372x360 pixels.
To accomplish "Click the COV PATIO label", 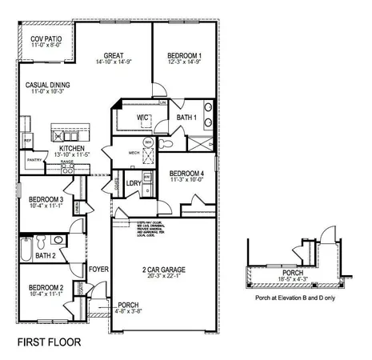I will pyautogui.click(x=45, y=38).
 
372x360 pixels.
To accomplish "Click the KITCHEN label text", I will pyautogui.click(x=71, y=150).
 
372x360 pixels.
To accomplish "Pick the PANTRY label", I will pyautogui.click(x=34, y=160).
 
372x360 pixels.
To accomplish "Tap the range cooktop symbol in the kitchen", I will pyautogui.click(x=67, y=169).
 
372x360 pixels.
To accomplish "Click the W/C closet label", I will pyautogui.click(x=143, y=118).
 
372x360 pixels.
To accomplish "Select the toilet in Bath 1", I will pyautogui.click(x=166, y=144).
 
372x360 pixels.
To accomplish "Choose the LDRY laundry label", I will pyautogui.click(x=134, y=182).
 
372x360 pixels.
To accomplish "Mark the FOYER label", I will pyautogui.click(x=98, y=269).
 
